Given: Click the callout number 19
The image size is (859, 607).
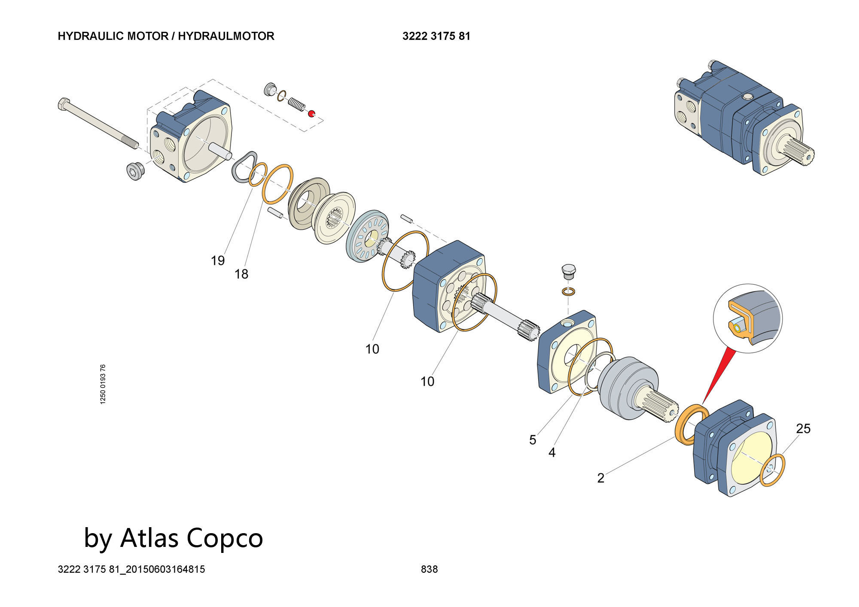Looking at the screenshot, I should click(x=218, y=261).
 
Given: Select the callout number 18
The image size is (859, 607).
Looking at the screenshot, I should click(x=241, y=274).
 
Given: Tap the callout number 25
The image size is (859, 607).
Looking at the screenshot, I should click(x=803, y=428).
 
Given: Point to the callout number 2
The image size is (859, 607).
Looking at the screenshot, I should click(x=601, y=478).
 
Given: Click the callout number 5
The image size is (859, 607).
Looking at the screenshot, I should click(x=533, y=440).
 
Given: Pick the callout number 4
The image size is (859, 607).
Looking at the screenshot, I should click(x=552, y=452).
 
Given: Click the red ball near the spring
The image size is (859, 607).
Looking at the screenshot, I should click(x=311, y=113).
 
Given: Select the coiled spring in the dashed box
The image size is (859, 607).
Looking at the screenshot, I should click(x=296, y=104).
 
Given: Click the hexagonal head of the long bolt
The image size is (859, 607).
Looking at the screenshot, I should click(x=63, y=104).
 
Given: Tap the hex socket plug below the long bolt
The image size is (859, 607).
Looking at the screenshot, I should click(x=135, y=171).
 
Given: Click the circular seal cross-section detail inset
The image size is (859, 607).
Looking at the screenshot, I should click(x=748, y=318).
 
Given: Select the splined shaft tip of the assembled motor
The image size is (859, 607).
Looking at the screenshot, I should click(x=801, y=155).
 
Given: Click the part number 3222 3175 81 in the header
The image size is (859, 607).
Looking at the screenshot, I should click(x=436, y=36).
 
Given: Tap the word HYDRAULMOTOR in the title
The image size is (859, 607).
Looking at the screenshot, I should click(x=226, y=36).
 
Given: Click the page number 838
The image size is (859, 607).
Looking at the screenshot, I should click(x=429, y=569).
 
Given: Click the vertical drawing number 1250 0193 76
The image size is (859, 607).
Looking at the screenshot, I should click(x=103, y=384).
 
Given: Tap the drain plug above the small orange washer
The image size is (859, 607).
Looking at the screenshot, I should click(x=568, y=271).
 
